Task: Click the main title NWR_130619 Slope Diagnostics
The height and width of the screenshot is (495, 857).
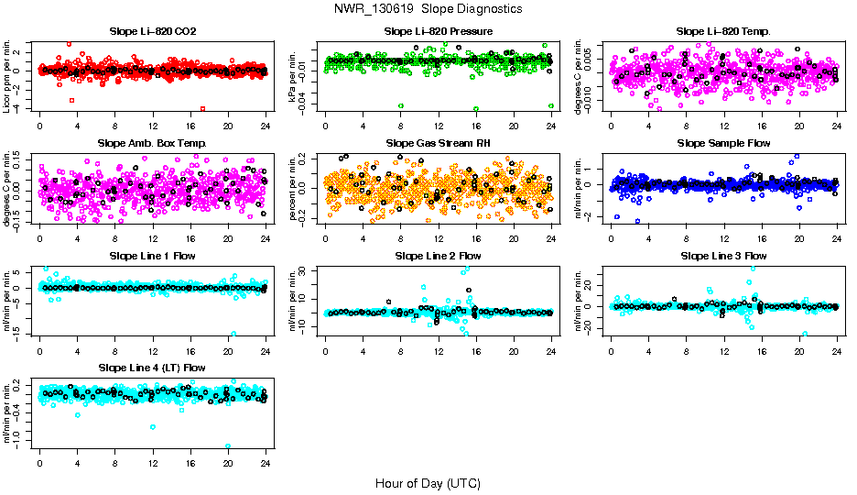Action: (428, 8)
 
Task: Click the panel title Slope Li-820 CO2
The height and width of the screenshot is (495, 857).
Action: (152, 31)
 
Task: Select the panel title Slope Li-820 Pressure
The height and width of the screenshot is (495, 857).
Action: (438, 31)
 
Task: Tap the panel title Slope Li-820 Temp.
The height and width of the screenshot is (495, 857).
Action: (723, 31)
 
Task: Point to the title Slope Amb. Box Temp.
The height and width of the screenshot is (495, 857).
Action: (152, 143)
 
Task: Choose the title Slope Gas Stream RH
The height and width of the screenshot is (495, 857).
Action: (438, 143)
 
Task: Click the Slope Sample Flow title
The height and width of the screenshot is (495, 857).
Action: (723, 143)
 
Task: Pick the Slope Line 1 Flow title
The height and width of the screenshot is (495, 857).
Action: (152, 256)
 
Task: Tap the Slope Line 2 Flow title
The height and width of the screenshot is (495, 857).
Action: (438, 256)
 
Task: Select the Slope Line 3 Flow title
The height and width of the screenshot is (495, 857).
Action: (723, 256)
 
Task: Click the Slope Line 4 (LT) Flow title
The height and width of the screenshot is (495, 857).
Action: (152, 368)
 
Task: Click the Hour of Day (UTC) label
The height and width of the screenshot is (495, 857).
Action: (428, 482)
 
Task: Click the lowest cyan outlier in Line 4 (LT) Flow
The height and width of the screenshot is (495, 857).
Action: (228, 446)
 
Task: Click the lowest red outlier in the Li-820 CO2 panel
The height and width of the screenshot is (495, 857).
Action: (202, 108)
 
